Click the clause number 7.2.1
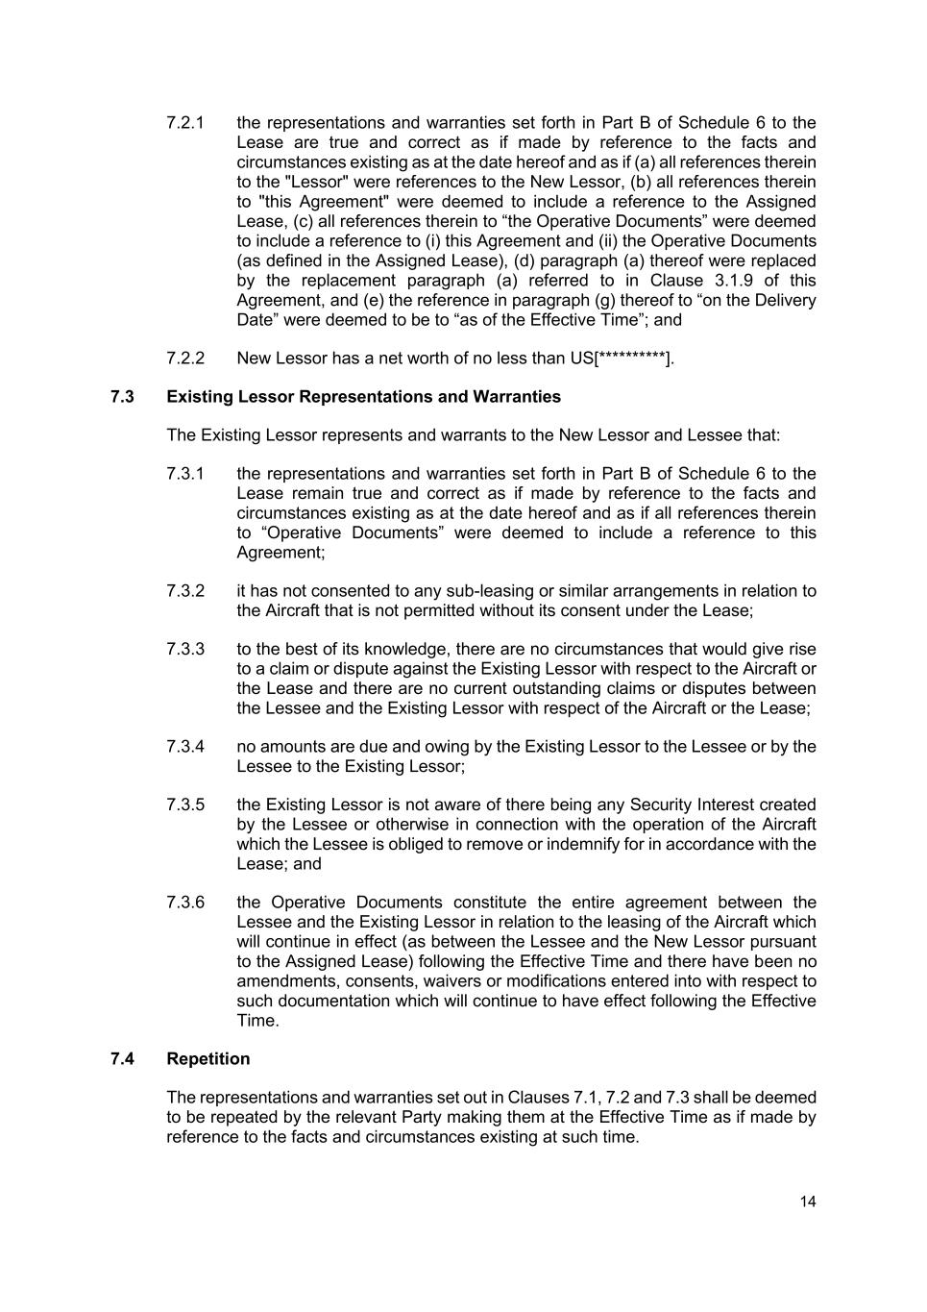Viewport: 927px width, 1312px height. pos(185,123)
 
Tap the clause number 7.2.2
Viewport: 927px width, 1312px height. pos(185,359)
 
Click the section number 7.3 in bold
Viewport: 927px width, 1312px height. pos(122,397)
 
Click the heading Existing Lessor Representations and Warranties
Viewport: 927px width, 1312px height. pos(363,397)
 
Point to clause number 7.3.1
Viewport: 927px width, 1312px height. pos(185,474)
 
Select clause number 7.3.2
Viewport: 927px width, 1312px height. pos(185,591)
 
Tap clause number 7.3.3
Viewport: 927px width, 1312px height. pos(185,649)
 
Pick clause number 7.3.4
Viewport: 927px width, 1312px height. pos(185,747)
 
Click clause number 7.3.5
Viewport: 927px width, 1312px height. pos(185,805)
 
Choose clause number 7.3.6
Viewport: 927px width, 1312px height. pos(185,903)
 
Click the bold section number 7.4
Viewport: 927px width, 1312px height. pos(122,1059)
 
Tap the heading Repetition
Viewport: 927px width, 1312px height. pos(207,1059)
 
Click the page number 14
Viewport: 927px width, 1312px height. pos(807,1201)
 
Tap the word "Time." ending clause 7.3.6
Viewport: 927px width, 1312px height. pos(257,1021)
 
